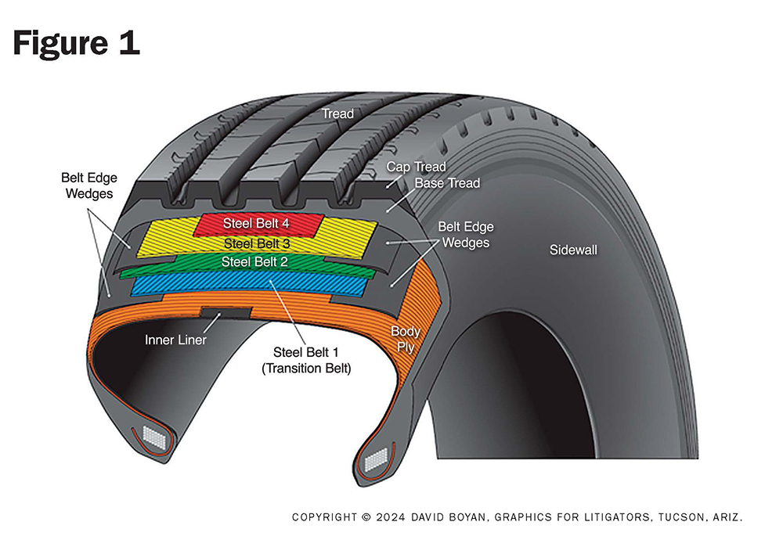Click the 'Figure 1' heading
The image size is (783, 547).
[76, 42]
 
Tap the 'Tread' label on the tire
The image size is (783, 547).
[337, 113]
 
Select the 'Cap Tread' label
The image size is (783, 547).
[416, 167]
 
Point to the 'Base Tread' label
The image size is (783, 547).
[447, 183]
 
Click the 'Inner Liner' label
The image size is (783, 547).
[175, 340]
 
